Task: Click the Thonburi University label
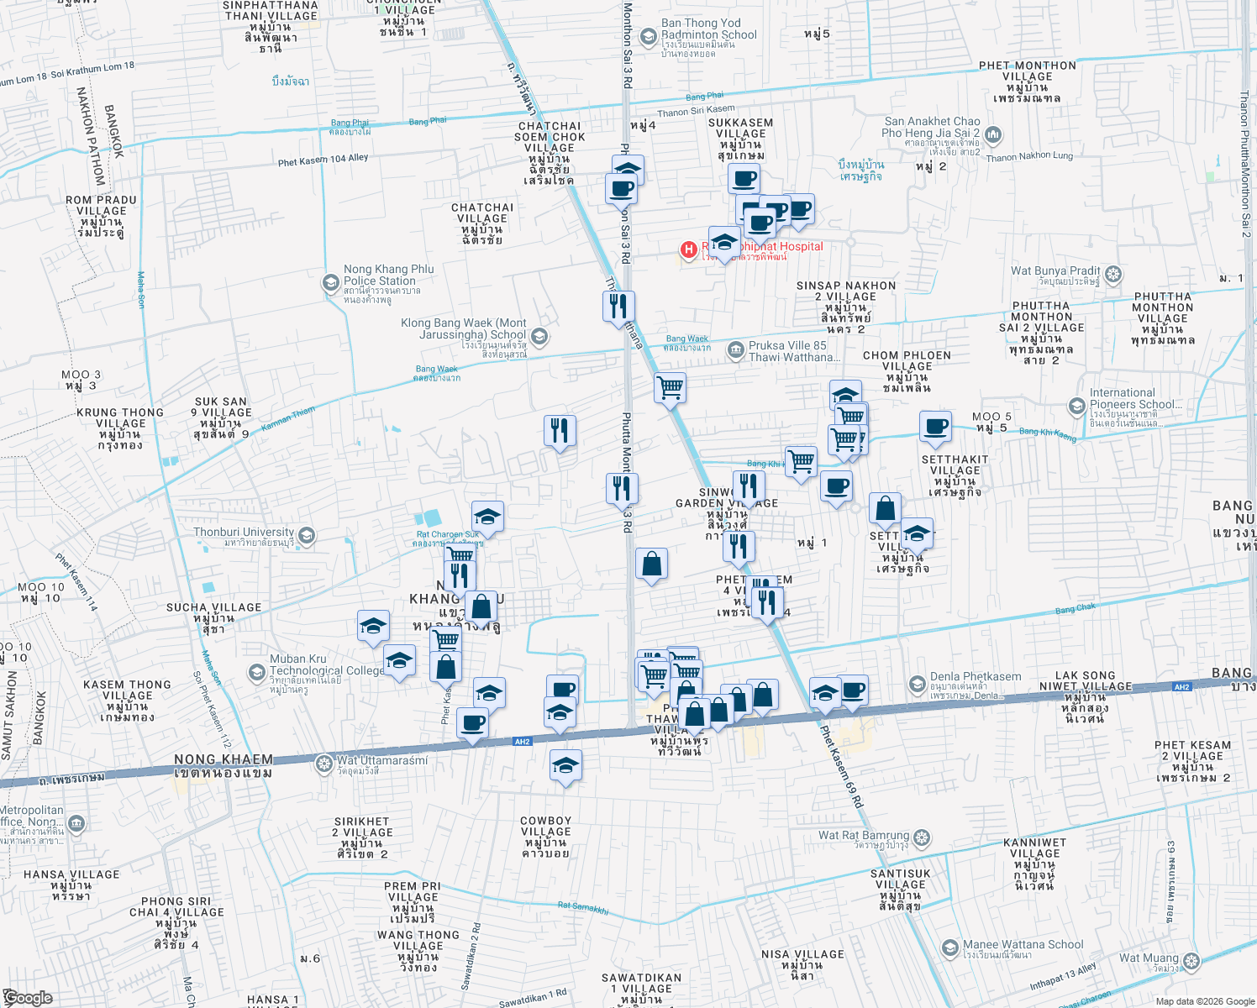tap(244, 533)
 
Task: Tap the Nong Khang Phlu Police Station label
tap(388, 276)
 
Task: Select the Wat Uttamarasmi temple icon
tap(323, 764)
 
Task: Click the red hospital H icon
tap(689, 249)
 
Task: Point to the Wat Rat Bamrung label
tap(864, 836)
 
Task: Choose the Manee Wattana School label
tap(1023, 945)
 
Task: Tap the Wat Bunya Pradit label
tap(1055, 271)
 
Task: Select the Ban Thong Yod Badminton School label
tap(708, 29)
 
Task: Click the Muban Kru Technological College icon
tap(256, 672)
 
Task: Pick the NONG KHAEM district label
tap(224, 760)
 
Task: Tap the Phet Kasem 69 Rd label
tap(842, 767)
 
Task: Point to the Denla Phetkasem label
tap(975, 677)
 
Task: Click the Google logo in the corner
tap(27, 998)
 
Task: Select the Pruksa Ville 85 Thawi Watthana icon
tap(736, 349)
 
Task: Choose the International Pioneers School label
tap(1134, 399)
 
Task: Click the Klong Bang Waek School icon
tap(539, 337)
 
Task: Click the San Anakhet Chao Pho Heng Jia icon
tap(993, 134)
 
